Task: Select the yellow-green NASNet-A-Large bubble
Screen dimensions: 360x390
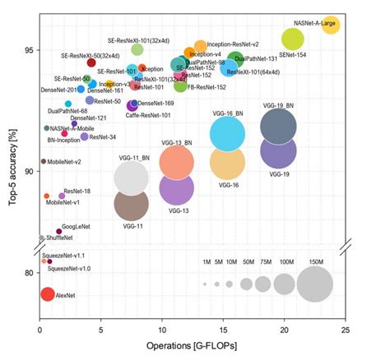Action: [331, 23]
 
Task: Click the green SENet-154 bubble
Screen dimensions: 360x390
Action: [292, 39]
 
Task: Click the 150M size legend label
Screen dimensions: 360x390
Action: [316, 262]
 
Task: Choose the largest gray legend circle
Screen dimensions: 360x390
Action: [316, 285]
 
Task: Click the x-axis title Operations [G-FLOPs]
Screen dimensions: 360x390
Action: [193, 347]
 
